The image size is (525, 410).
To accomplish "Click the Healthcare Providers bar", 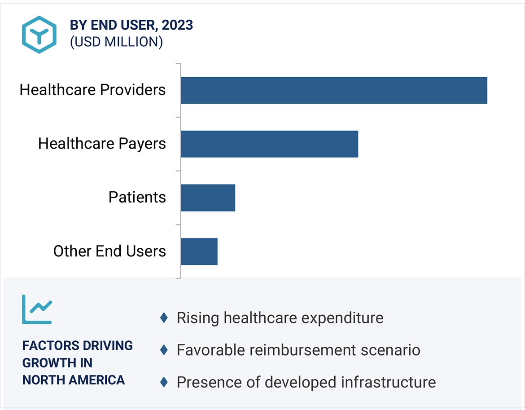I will [334, 90].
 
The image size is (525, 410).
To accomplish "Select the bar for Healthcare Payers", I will [269, 144].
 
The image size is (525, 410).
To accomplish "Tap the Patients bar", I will [208, 198].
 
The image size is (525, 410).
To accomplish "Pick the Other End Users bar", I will [199, 251].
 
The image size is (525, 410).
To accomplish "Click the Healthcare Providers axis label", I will [92, 90].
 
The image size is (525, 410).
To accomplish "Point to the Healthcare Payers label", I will [102, 144].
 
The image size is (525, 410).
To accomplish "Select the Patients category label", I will [137, 197].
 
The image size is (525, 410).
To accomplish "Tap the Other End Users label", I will [109, 251].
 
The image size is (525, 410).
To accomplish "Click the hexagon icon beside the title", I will [39, 35].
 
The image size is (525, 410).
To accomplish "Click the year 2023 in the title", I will [177, 25].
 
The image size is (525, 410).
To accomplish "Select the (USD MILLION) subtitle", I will [116, 42].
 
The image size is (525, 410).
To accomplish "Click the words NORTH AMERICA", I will [74, 380].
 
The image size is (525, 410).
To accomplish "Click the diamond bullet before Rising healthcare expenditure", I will [164, 318].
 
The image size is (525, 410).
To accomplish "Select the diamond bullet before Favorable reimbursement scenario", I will [164, 350].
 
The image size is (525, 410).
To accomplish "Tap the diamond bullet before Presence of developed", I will [164, 382].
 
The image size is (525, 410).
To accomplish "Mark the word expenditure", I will [342, 318].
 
